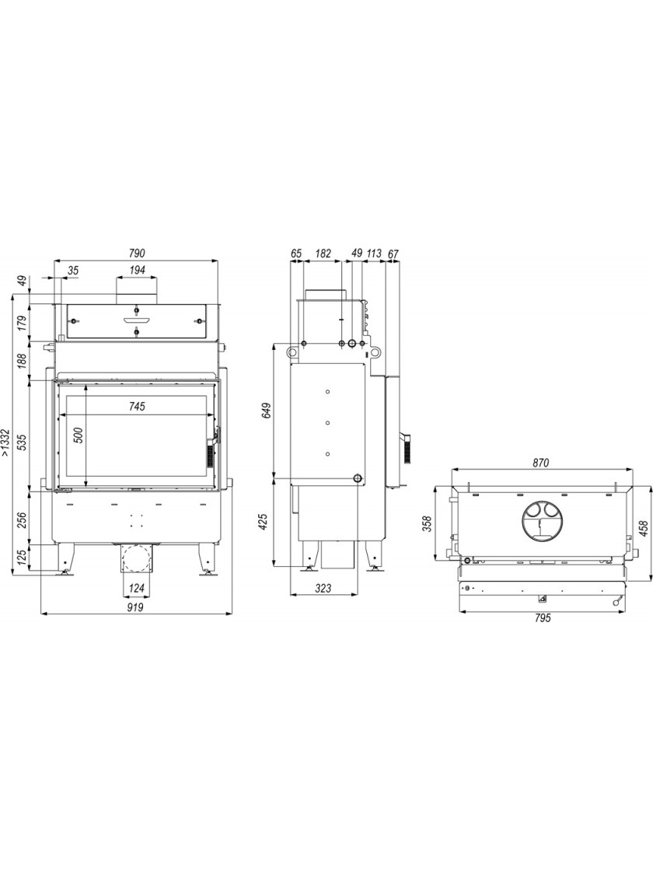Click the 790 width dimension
pyautogui.click(x=137, y=254)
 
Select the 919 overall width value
pyautogui.click(x=135, y=607)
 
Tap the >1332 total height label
pyautogui.click(x=5, y=442)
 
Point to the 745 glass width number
pyautogui.click(x=137, y=407)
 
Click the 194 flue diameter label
pyautogui.click(x=137, y=270)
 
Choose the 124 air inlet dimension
pyautogui.click(x=137, y=588)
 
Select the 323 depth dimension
pyautogui.click(x=323, y=588)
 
